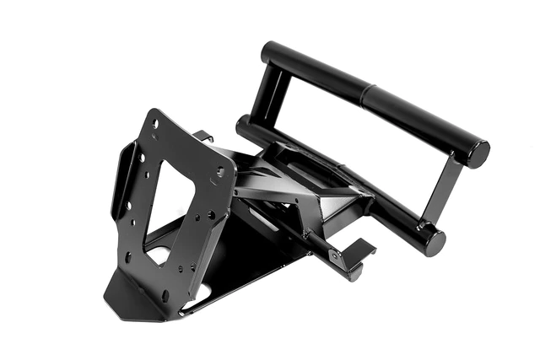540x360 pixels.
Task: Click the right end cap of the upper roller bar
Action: click(478, 153)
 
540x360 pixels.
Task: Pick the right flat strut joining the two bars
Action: click(444, 194)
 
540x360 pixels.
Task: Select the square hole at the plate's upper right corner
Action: click(220, 171)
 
